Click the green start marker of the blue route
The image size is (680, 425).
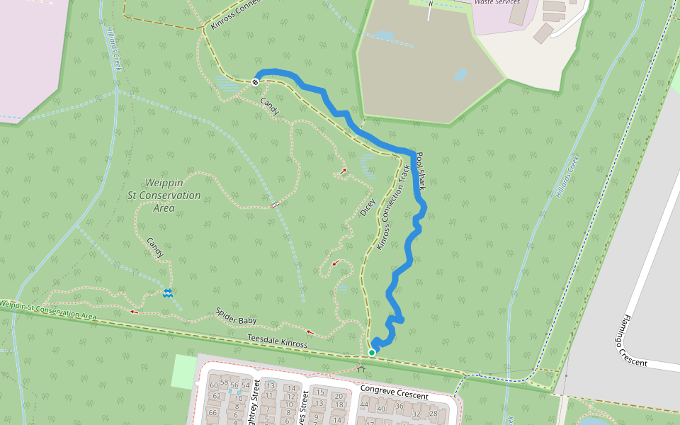372,352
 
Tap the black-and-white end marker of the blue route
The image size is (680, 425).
255,82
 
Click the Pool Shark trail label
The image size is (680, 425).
419,171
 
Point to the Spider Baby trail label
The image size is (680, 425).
236,316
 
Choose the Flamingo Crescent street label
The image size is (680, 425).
623,341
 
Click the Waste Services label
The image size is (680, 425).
497,2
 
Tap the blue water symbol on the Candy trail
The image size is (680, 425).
168,293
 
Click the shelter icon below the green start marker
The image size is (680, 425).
362,368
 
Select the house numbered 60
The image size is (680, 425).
215,385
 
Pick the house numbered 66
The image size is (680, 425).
212,412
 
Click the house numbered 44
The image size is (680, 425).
364,405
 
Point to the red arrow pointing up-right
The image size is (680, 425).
343,171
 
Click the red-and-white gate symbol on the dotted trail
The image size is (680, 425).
275,205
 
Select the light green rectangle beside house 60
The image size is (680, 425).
183,370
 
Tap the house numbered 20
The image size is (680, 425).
339,396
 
